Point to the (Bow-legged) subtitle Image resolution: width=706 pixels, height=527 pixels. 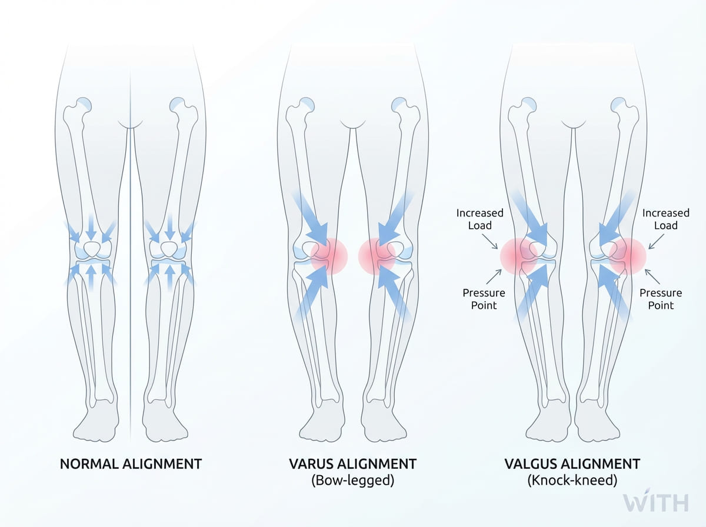[352, 481]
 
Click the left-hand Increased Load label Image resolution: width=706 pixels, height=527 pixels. [480, 219]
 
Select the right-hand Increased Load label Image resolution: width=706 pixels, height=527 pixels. [665, 219]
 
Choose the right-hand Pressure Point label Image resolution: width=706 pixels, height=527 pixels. [661, 299]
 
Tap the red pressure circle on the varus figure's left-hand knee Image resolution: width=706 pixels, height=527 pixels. [328, 256]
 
